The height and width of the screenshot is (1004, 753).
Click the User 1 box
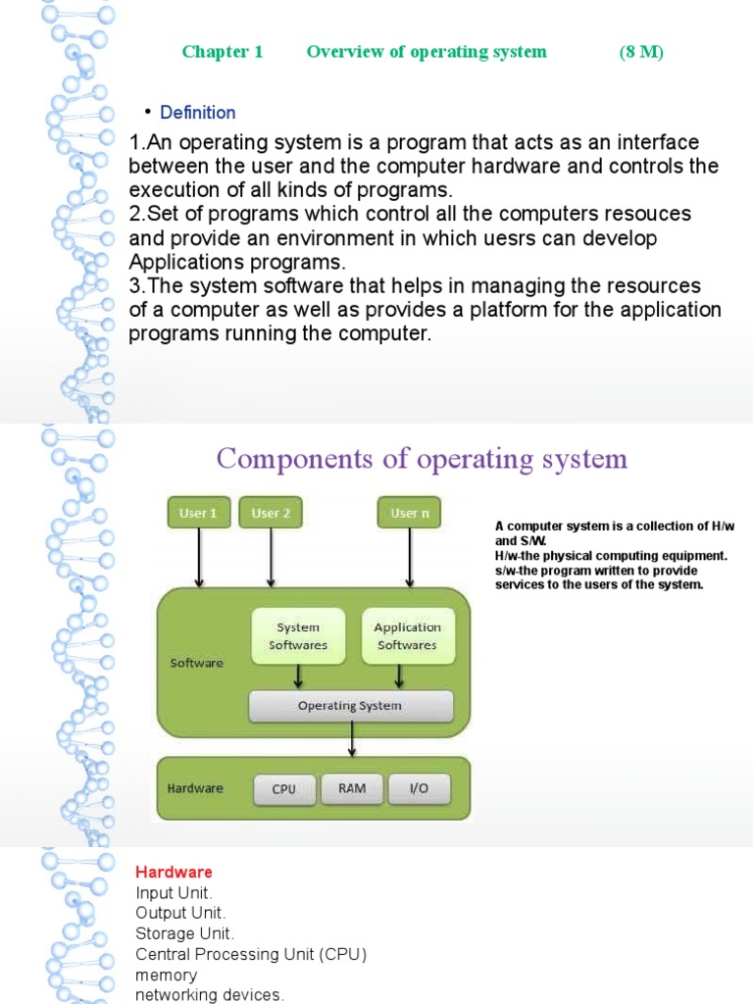[x=199, y=513]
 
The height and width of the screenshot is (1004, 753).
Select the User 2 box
[x=271, y=513]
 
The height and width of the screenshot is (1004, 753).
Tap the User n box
[x=409, y=513]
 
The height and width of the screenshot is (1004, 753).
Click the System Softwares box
[x=298, y=636]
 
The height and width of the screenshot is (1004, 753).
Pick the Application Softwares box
[x=407, y=636]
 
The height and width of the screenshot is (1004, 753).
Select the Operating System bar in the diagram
[x=350, y=705]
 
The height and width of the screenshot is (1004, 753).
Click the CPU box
[x=284, y=789]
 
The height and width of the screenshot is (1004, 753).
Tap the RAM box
[x=352, y=787]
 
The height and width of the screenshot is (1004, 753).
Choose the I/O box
[x=419, y=788]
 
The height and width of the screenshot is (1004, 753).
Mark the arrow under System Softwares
[x=298, y=677]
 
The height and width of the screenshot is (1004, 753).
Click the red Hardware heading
[x=174, y=872]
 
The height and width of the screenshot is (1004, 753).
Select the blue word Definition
[x=198, y=113]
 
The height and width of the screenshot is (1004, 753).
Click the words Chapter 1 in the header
[x=223, y=52]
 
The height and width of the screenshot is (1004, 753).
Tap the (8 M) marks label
[x=641, y=52]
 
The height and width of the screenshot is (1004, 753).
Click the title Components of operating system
[x=422, y=459]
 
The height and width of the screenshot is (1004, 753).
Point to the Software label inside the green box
[x=197, y=663]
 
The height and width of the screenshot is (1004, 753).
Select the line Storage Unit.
[x=185, y=932]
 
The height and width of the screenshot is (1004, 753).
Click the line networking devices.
[x=210, y=995]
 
